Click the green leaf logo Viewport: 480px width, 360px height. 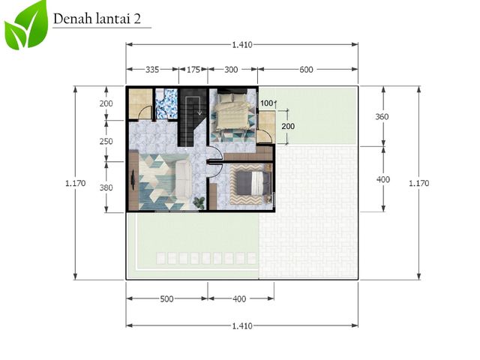tap(26, 25)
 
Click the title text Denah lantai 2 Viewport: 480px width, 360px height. tap(97, 19)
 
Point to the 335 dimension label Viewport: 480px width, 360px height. tap(152, 70)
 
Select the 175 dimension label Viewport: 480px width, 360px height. tap(193, 70)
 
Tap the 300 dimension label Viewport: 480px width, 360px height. tap(231, 70)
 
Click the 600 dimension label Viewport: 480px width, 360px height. tap(306, 70)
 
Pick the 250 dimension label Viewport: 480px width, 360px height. tap(106, 142)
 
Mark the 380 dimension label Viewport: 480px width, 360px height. tap(106, 187)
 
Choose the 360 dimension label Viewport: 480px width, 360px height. tap(382, 117)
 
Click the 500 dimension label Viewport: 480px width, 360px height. tap(166, 298)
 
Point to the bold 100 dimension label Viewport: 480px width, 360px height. tap(266, 103)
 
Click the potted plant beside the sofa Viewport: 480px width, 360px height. tap(199, 202)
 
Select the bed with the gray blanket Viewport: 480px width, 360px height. tap(251, 183)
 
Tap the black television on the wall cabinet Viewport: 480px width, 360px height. tap(133, 179)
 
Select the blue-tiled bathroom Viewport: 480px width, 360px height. tap(166, 103)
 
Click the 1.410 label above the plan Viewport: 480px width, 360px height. tap(242, 45)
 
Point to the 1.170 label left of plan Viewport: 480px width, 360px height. tap(76, 183)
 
